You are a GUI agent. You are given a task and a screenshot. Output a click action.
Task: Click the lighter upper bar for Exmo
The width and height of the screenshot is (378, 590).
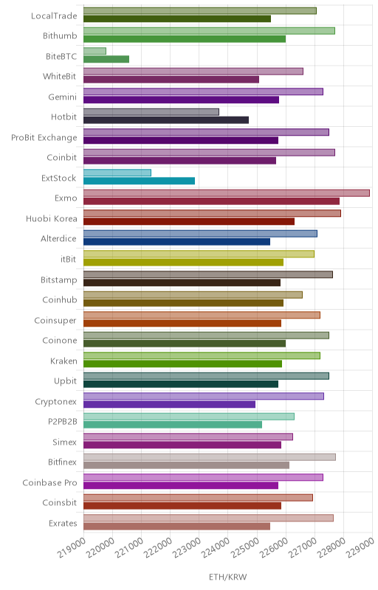[226, 193]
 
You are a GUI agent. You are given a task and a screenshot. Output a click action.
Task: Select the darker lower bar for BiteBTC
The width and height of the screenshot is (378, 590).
[106, 59]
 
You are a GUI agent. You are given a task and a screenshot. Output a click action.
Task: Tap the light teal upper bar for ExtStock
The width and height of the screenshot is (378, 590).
[117, 173]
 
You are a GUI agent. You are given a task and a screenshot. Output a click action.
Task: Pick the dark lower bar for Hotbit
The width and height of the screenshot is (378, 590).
[166, 120]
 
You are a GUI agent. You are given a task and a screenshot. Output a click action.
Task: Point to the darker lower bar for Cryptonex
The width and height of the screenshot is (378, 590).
[169, 404]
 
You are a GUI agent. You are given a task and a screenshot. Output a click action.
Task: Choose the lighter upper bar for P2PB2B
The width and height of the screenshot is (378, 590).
[188, 417]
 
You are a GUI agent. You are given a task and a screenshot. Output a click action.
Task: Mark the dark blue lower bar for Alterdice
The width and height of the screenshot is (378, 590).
[176, 242]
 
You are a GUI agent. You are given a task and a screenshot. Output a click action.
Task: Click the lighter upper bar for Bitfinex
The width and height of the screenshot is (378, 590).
[210, 457]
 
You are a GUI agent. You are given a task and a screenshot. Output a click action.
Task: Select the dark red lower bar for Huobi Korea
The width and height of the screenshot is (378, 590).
[189, 222]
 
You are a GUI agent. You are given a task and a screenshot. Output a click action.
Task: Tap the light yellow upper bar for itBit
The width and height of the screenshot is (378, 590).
[199, 254]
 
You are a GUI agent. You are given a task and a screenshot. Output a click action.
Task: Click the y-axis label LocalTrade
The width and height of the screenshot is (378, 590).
[54, 15]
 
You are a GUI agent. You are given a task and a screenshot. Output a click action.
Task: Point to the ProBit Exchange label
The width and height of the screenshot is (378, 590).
[44, 138]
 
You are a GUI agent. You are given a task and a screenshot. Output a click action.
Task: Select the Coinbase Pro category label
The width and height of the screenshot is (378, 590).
[49, 483]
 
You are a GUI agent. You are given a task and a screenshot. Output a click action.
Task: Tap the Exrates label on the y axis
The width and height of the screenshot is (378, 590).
[63, 524]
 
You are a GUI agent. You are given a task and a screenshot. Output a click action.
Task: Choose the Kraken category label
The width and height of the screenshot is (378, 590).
[63, 361]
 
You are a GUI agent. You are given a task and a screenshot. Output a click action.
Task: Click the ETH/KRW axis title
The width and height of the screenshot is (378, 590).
[228, 577]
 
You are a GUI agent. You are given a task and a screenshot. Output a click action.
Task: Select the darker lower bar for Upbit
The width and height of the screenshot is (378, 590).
[181, 383]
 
